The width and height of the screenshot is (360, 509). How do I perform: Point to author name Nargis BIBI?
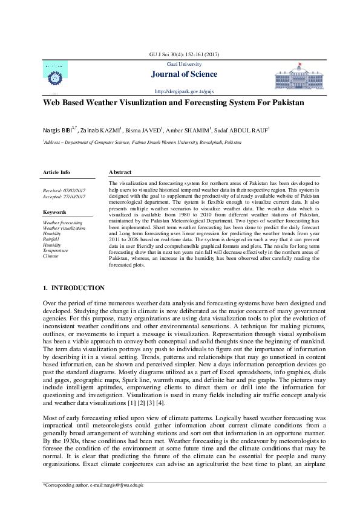(58, 129)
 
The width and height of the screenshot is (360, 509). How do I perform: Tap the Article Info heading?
(56, 172)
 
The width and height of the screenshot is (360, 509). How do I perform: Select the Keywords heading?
(54, 212)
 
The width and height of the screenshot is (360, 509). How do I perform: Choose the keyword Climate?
(51, 256)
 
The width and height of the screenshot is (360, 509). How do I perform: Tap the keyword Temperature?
(56, 250)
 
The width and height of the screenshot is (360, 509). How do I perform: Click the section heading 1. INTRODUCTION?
(73, 288)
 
